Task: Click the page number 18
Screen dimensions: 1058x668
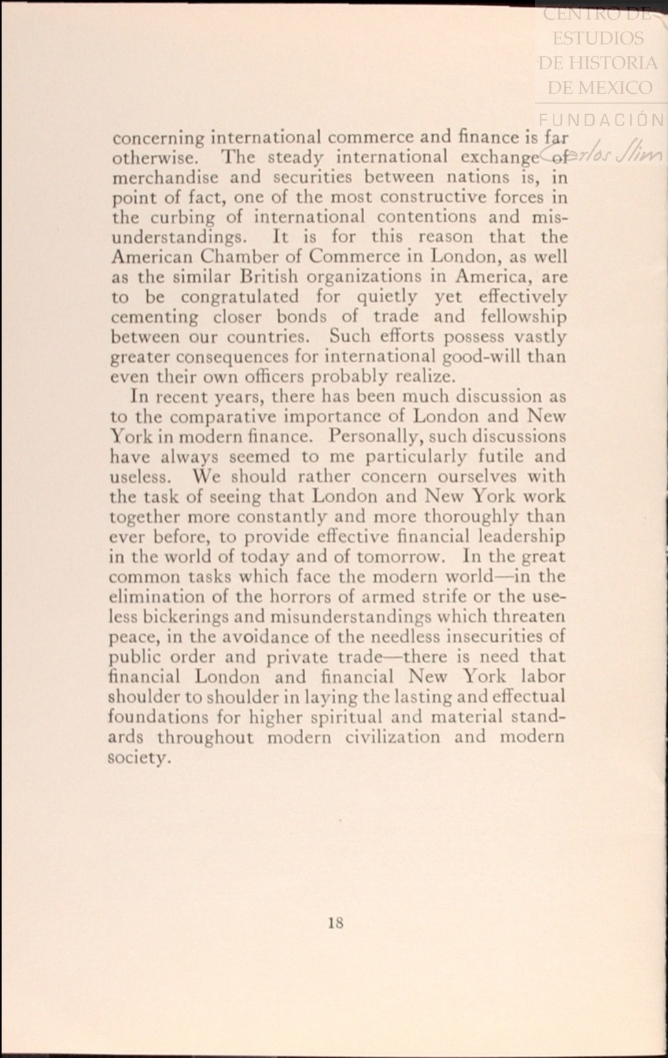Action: click(335, 923)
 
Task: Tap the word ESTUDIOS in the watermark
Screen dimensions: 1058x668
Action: click(598, 38)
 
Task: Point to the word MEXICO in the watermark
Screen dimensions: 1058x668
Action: click(615, 88)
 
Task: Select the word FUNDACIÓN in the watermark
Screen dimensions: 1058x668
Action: click(601, 121)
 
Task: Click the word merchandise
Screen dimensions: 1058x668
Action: click(165, 177)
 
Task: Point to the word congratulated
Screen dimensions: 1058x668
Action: click(239, 297)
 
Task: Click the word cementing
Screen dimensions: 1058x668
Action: click(154, 317)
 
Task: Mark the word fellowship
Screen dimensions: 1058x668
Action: click(523, 317)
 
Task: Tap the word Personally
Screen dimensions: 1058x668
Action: click(379, 436)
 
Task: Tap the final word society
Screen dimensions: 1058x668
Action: click(139, 758)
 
